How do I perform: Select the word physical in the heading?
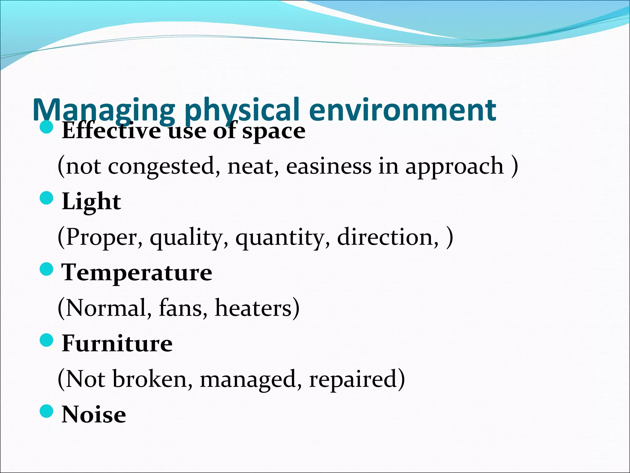pyautogui.click(x=241, y=110)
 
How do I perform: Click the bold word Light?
pyautogui.click(x=91, y=202)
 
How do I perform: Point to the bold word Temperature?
pyautogui.click(x=137, y=273)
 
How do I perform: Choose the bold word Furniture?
pyautogui.click(x=117, y=343)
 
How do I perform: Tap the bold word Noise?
pyautogui.click(x=94, y=414)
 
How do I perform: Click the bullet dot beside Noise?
pyautogui.click(x=47, y=411)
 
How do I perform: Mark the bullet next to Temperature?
pyautogui.click(x=47, y=269)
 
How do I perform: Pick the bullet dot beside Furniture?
pyautogui.click(x=47, y=340)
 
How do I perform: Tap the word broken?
pyautogui.click(x=153, y=379)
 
